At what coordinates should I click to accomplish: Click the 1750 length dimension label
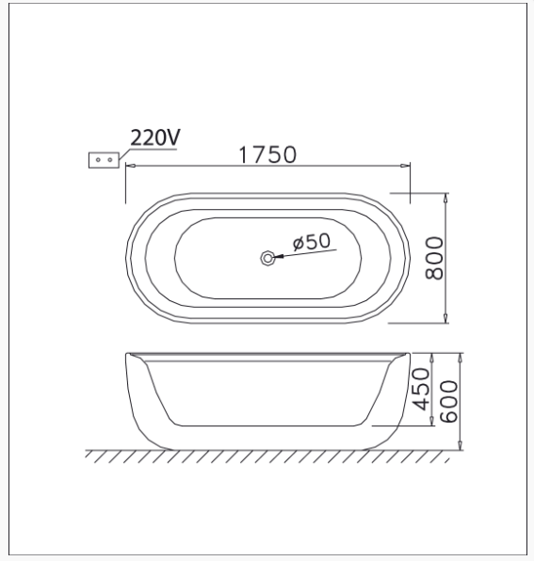tap(267, 154)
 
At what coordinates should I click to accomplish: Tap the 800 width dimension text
tap(434, 258)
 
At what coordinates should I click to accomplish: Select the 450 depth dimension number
tap(421, 389)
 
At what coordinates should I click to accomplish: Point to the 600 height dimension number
tap(448, 401)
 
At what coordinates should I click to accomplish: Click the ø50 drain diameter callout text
tap(312, 242)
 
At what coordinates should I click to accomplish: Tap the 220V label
tap(155, 137)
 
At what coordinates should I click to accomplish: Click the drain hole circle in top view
tap(267, 258)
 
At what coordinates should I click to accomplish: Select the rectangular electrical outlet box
tap(104, 160)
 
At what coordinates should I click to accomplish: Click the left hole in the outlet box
tap(98, 160)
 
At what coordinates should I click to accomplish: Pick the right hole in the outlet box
tap(110, 160)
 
